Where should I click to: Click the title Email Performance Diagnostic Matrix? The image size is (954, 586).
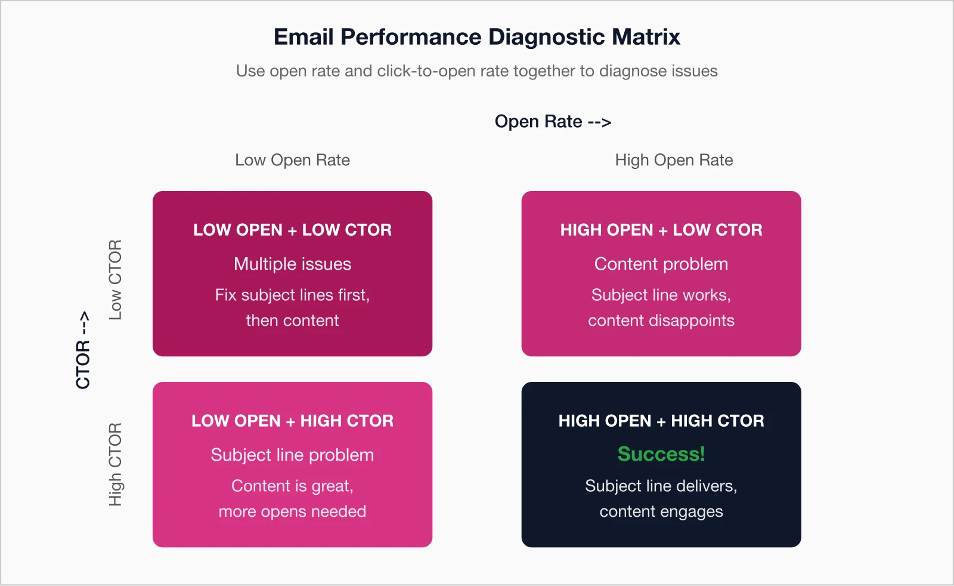coord(476,37)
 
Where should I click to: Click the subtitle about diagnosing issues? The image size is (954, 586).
coord(476,71)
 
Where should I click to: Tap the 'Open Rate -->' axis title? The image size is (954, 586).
coord(553,122)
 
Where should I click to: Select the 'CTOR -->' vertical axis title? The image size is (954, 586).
coord(83,350)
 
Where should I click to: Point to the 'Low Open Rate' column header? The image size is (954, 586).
coord(292,160)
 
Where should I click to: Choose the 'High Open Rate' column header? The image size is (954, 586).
coord(674,160)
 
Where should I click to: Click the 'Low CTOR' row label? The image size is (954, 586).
coord(115,280)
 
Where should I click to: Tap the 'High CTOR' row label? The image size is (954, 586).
coord(115,464)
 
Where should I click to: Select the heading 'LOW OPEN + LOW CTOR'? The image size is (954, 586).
coord(292,230)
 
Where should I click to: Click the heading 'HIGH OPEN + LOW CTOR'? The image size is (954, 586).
coord(661,230)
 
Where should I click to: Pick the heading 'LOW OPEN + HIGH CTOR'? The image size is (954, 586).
coord(292,421)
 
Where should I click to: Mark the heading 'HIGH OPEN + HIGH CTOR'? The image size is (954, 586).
coord(661,421)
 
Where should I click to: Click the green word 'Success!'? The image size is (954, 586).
coord(661,454)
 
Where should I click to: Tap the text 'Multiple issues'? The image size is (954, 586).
coord(292,264)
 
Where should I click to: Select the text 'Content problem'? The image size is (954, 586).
coord(661,264)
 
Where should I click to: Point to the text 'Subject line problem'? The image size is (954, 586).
coord(292,455)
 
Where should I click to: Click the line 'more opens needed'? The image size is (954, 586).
coord(292,511)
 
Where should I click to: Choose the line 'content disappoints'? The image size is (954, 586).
coord(661,320)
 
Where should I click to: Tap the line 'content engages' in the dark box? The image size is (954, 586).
coord(661,511)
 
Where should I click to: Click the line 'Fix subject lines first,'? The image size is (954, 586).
coord(292,295)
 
